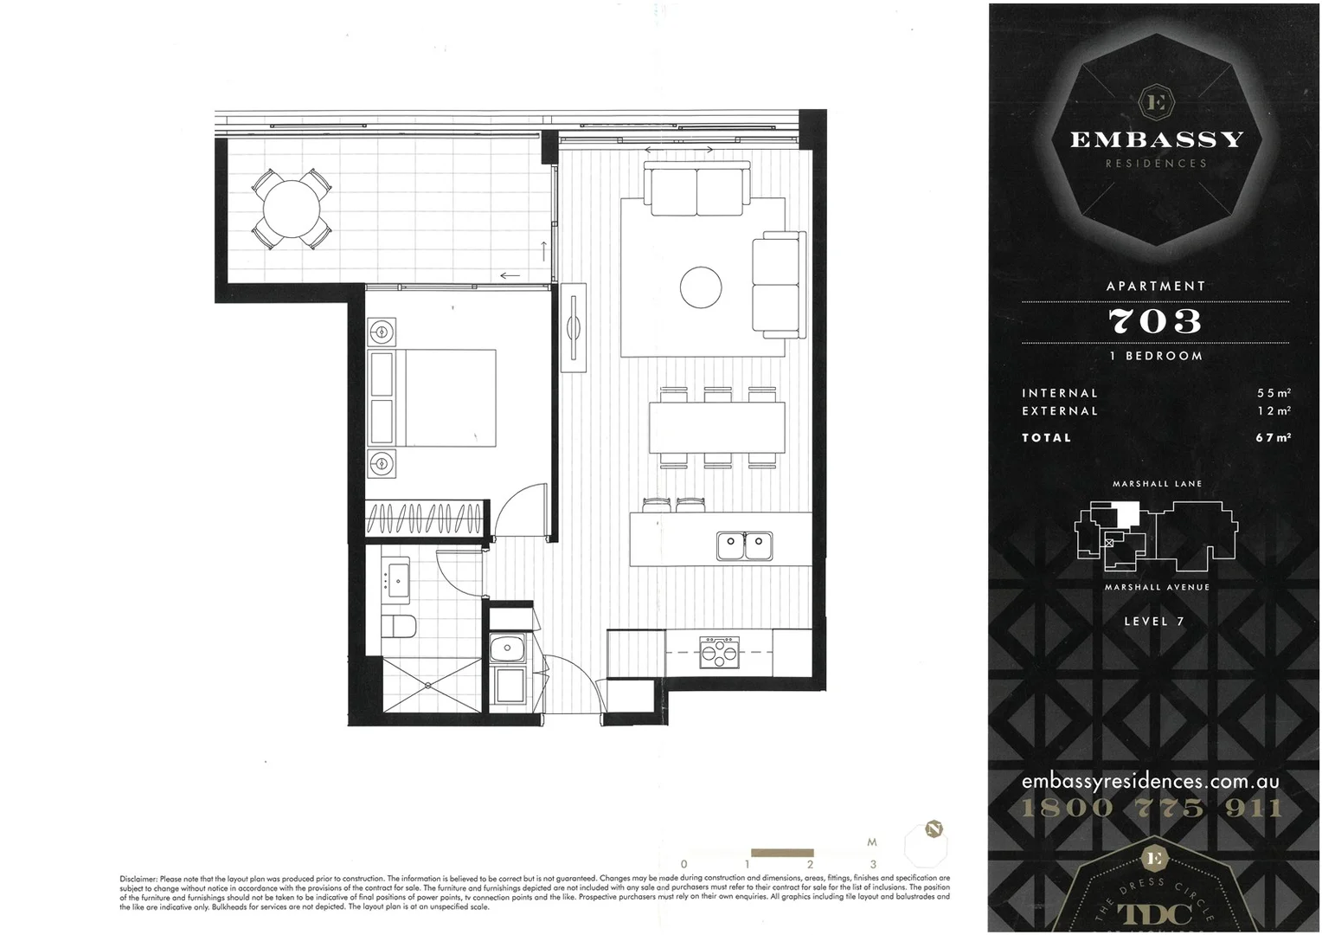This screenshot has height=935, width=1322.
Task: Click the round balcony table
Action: point(291,209)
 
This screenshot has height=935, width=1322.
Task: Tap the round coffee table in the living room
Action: point(701,287)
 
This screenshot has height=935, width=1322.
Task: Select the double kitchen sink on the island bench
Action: point(744,545)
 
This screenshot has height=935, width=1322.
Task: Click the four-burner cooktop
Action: point(720,652)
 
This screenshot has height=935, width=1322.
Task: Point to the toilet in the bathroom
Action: point(400,625)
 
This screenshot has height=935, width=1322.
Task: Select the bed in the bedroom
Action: point(433,398)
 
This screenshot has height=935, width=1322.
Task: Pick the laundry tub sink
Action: point(507,648)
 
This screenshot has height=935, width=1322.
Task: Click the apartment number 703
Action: point(1155,321)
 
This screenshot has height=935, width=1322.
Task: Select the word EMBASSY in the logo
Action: point(1157,139)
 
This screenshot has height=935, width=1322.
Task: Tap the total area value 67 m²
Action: point(1273,438)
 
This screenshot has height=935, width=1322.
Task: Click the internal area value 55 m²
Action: point(1274,393)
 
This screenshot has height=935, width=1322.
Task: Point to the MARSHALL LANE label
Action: point(1157,484)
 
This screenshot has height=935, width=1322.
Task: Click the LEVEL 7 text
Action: point(1154,622)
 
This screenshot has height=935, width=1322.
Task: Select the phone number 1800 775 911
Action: point(1152,809)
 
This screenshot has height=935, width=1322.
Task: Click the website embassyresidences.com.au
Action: point(1150,781)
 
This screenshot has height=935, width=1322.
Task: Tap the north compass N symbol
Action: point(934,829)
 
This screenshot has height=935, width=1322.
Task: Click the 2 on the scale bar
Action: point(810,864)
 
